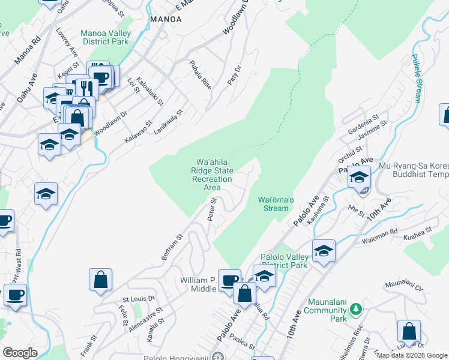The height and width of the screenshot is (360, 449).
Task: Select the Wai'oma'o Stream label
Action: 276,203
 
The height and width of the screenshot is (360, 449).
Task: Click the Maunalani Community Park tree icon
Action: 356,308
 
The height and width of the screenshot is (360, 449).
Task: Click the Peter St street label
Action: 211,211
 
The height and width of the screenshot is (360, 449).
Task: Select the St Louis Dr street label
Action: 139,298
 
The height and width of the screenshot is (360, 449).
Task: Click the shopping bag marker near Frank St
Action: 100,280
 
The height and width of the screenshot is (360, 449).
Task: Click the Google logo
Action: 20,353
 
